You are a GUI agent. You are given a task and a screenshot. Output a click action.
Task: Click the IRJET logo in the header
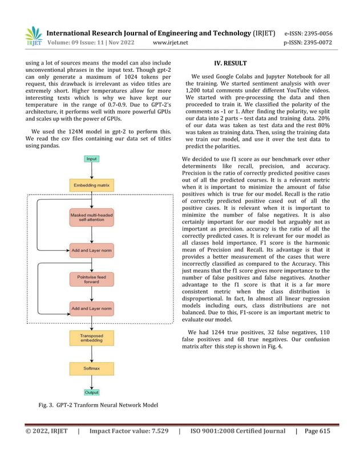(33, 36)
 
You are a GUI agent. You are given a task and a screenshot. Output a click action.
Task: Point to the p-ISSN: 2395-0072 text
(308, 42)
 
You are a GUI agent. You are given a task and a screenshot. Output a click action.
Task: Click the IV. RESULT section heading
(229, 63)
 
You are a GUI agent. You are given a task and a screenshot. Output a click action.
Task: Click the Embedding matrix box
(91, 185)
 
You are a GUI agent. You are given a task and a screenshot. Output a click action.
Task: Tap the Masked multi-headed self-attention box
(91, 217)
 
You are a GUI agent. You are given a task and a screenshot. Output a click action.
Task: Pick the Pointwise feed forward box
(91, 279)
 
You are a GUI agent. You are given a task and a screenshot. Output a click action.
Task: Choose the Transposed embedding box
(91, 339)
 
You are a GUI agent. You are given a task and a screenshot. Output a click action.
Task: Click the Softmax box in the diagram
(91, 368)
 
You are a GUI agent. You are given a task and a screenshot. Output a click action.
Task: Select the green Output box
(91, 392)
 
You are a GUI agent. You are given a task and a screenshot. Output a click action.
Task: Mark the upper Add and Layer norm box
(91, 250)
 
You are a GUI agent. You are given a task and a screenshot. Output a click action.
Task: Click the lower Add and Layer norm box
(91, 308)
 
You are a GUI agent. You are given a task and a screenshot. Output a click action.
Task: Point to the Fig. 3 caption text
(98, 405)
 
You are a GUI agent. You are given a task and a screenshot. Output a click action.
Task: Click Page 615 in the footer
(317, 431)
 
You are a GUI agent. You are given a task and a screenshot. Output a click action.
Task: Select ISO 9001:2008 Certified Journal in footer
(237, 431)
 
